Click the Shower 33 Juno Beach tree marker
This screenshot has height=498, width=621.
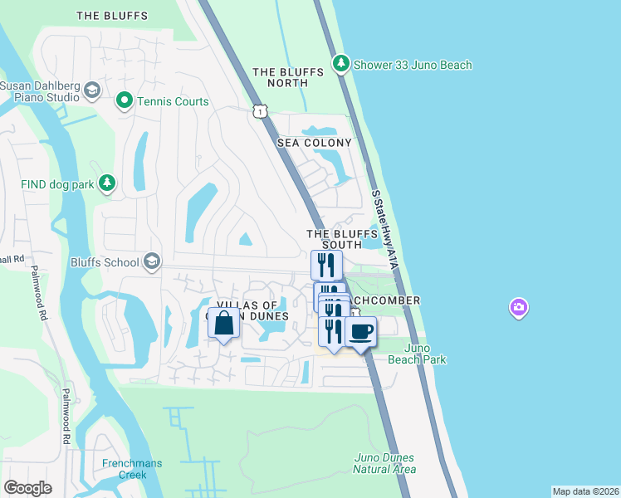(x=340, y=64)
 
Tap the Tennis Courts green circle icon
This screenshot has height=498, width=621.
(x=125, y=101)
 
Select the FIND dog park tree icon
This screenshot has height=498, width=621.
(x=106, y=183)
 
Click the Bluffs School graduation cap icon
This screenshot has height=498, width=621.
(x=151, y=262)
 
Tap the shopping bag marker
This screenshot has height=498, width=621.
(x=224, y=324)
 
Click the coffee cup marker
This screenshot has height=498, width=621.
(x=360, y=332)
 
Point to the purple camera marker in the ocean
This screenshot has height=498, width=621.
(x=519, y=309)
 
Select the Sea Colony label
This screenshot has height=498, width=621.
(x=314, y=143)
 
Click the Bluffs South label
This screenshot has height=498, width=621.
(x=334, y=240)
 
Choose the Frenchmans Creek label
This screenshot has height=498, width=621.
(x=132, y=469)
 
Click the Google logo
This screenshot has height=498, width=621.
(x=28, y=488)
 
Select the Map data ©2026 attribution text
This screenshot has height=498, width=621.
(x=585, y=491)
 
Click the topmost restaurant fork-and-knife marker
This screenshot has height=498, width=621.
(x=326, y=265)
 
